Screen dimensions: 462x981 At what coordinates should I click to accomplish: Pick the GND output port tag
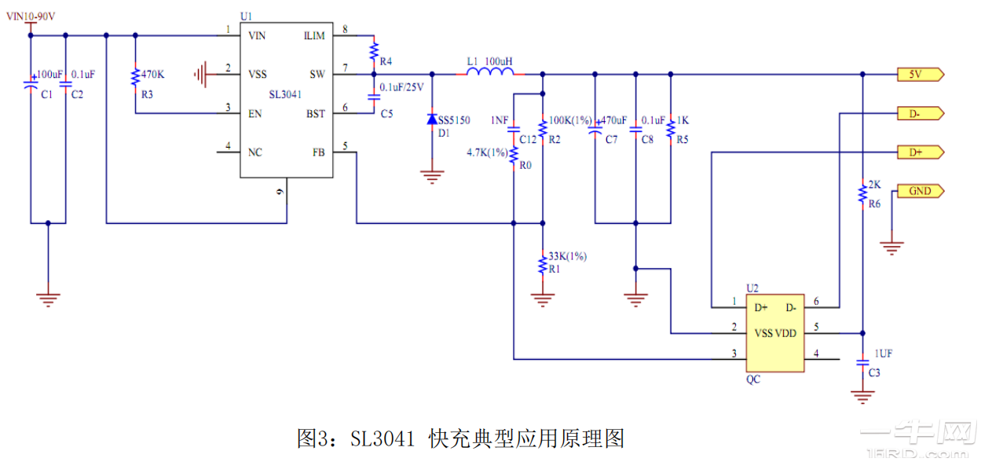[x=920, y=191]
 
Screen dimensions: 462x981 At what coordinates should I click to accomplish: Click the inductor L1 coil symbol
[x=491, y=73]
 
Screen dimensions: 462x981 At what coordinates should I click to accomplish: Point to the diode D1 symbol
[x=431, y=119]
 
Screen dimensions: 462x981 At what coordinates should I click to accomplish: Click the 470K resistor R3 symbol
[x=136, y=75]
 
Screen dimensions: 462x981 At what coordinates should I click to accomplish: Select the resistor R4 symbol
[x=374, y=52]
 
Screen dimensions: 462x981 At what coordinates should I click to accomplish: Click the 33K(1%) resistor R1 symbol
[x=542, y=263]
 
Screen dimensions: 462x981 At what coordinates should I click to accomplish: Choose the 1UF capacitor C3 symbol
[x=862, y=363]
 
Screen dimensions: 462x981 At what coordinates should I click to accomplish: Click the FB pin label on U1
[x=318, y=152]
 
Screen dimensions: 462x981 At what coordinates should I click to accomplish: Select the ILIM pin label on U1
[x=314, y=36]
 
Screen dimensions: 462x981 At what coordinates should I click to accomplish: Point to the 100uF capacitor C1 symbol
[x=31, y=83]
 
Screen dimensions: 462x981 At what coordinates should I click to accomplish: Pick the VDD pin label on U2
[x=785, y=333]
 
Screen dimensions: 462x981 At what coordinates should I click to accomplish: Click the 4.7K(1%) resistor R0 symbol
[x=513, y=155]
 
